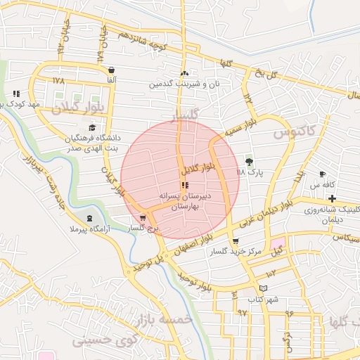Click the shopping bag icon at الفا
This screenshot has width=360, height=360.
pyautogui.click(x=112, y=70)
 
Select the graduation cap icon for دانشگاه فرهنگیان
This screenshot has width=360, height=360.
pyautogui.click(x=93, y=127)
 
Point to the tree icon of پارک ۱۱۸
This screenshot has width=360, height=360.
pyautogui.click(x=248, y=161)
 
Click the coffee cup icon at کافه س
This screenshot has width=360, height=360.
pyautogui.click(x=322, y=174)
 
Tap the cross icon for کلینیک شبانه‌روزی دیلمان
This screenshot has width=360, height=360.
pyautogui.click(x=332, y=199)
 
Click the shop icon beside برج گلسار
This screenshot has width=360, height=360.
pyautogui.click(x=143, y=218)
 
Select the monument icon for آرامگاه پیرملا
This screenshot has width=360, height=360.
pyautogui.click(x=89, y=218)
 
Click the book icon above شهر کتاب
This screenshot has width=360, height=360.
pyautogui.click(x=263, y=288)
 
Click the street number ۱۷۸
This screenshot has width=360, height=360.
pyautogui.click(x=58, y=81)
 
